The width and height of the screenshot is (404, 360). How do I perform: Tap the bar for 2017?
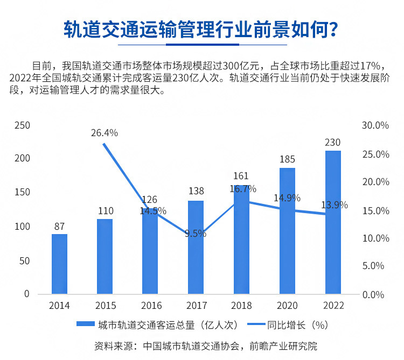pos(196,247)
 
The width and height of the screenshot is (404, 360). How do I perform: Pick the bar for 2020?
pos(287,231)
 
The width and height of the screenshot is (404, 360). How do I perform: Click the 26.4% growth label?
pos(105,133)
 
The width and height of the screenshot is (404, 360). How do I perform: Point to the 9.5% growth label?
pos(195,234)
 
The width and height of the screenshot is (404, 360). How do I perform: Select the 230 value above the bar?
pos(333,143)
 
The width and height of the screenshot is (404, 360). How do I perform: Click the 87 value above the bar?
pos(59,227)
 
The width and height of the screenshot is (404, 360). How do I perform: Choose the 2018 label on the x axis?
pos(241,306)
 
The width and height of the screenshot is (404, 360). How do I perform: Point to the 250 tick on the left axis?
pos(22,125)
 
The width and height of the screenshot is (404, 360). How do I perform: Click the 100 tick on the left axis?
pos(22,227)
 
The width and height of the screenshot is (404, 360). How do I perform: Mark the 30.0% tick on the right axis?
pos(375,125)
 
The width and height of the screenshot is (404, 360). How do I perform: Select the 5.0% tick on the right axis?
pos(375,266)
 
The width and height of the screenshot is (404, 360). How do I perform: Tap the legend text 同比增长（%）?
pos(298,324)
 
